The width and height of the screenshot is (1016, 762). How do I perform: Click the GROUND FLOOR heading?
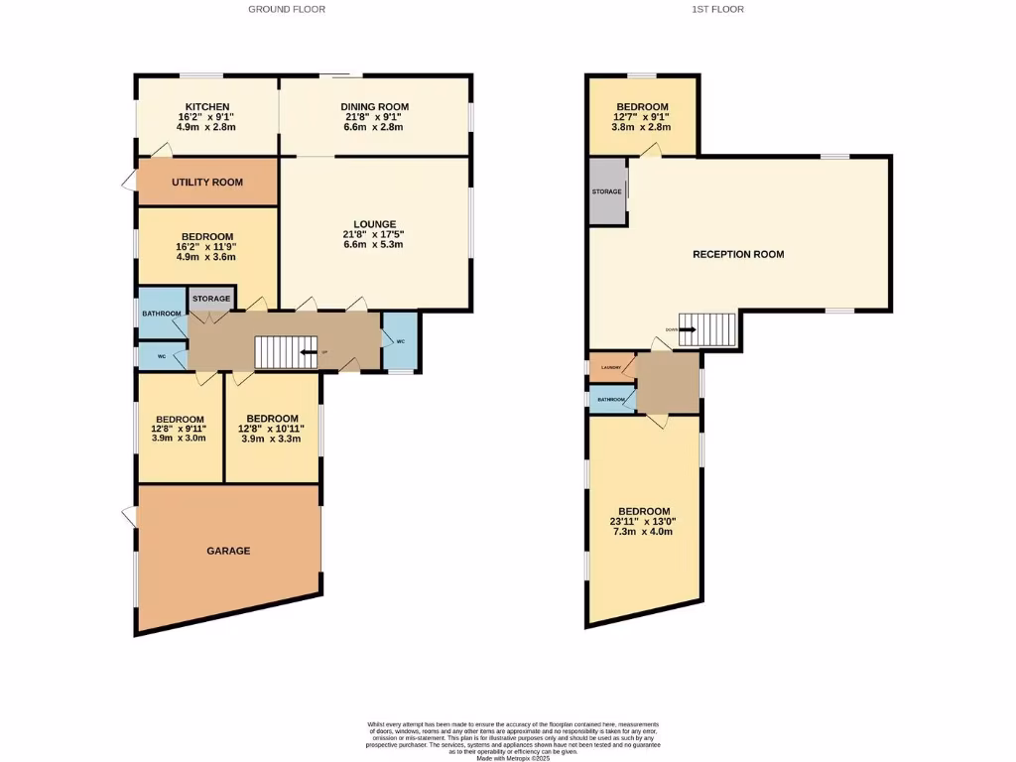(x=287, y=9)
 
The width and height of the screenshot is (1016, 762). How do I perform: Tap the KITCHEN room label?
(x=207, y=107)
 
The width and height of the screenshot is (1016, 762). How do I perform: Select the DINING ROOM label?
(x=374, y=107)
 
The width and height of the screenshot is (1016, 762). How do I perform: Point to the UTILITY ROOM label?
(x=207, y=183)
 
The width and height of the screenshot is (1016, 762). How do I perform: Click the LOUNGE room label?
(x=374, y=224)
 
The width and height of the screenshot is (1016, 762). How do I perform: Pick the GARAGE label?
(x=228, y=551)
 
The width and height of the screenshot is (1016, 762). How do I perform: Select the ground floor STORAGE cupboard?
(x=210, y=299)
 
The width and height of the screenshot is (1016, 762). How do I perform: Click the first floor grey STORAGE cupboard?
(x=607, y=191)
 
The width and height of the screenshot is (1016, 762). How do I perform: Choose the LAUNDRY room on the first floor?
(x=610, y=368)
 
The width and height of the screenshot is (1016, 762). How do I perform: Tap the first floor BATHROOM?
(x=611, y=400)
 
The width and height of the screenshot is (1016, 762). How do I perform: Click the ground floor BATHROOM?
(x=161, y=314)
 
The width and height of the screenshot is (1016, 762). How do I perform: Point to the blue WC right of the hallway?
(x=400, y=341)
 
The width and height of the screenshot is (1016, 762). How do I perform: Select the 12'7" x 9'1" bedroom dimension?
(x=642, y=117)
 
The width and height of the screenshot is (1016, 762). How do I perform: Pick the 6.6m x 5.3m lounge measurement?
(x=374, y=244)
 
